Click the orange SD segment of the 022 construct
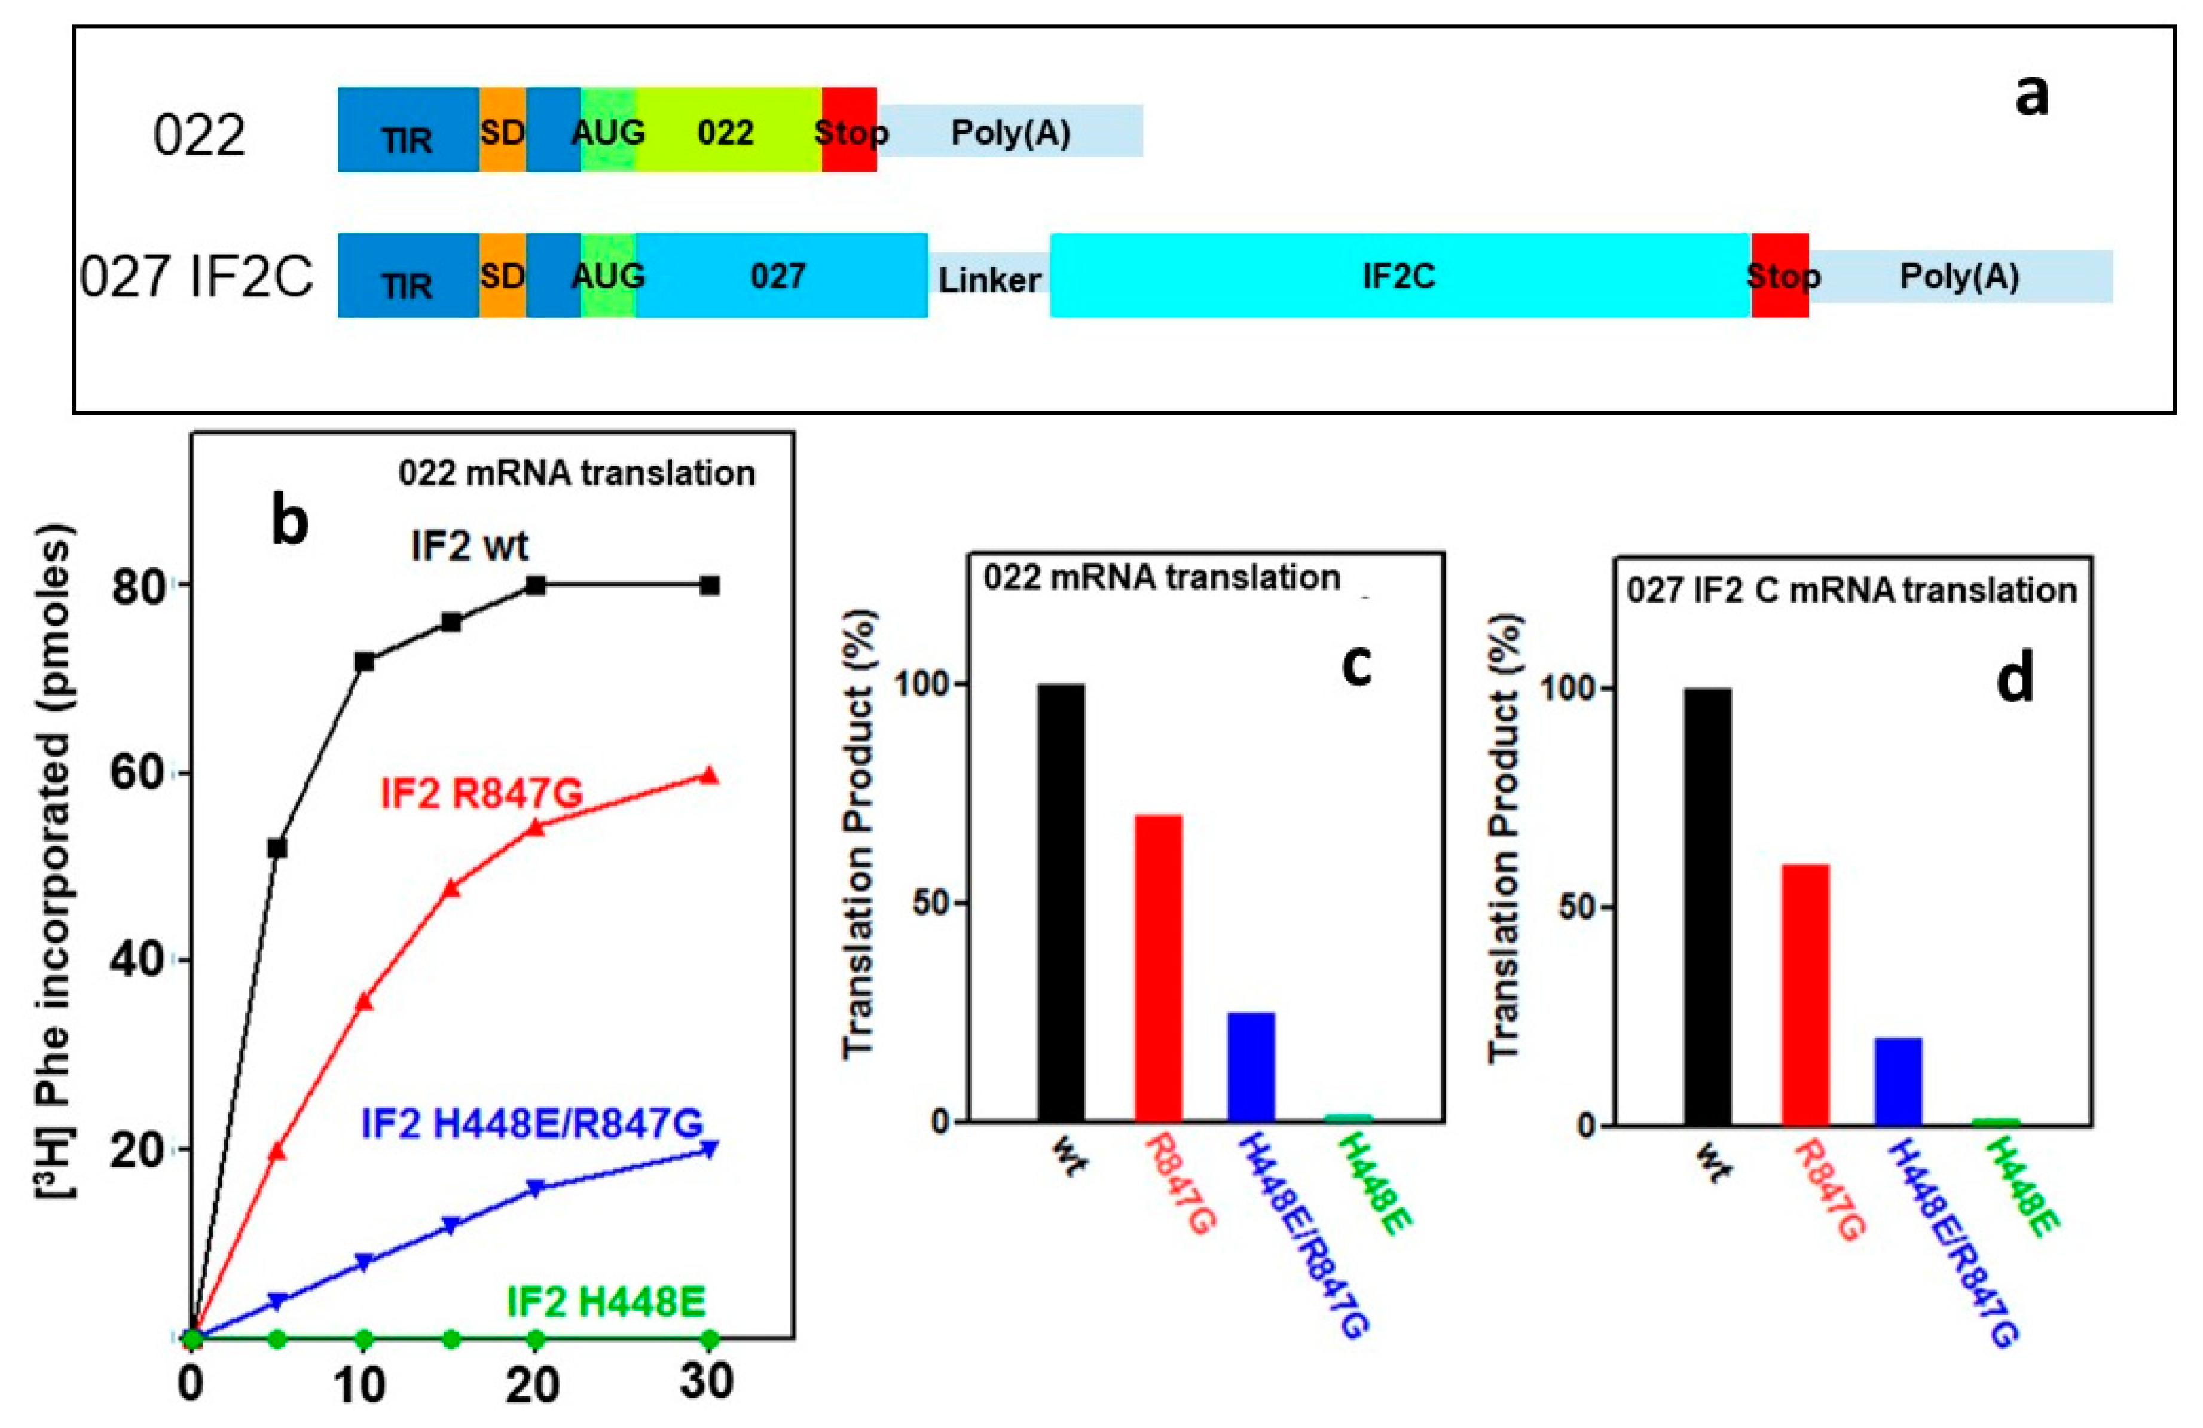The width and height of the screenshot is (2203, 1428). pos(502,130)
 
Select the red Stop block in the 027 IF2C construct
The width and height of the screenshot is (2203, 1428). pos(1779,276)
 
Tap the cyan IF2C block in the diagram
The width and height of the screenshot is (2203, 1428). pos(1399,276)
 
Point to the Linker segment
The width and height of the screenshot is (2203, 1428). pos(989,277)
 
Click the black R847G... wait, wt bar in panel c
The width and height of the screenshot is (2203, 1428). pos(1061,903)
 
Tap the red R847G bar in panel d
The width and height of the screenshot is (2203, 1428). pos(1804,994)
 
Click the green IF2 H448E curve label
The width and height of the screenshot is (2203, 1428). pos(606,1301)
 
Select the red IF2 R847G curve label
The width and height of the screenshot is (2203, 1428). pos(481,794)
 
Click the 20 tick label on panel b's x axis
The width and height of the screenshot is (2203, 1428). pos(534,1384)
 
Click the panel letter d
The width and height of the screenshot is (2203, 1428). pos(2015,678)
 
